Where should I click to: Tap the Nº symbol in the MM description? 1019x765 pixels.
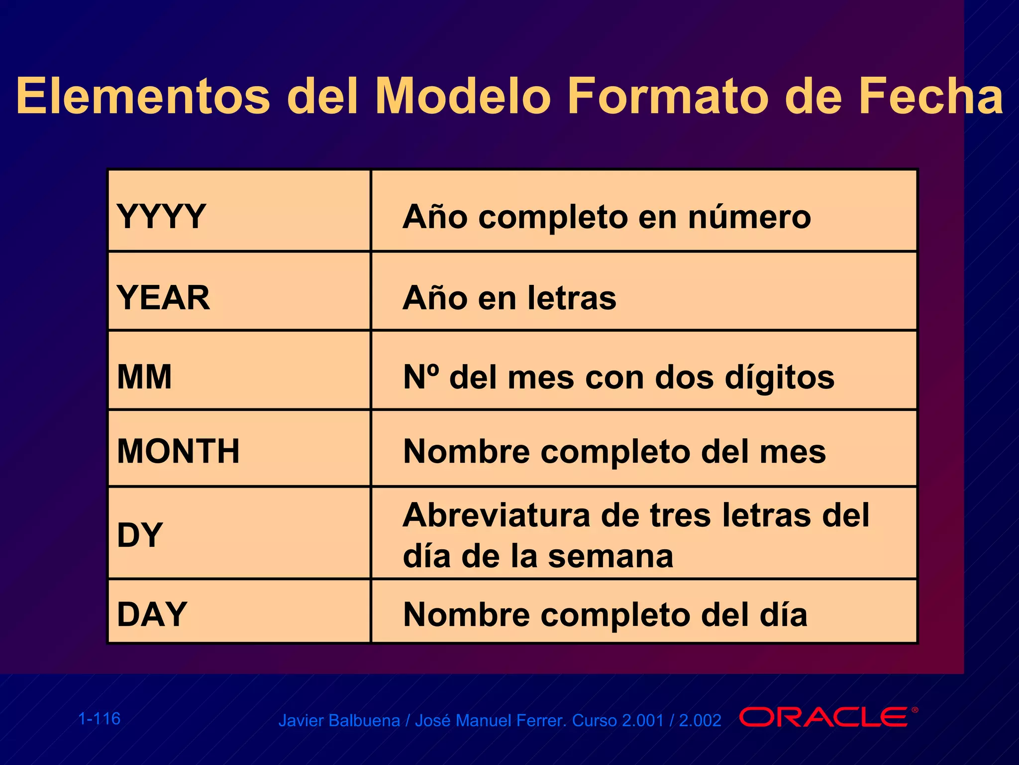click(421, 377)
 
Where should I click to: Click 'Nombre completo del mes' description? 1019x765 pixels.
click(614, 451)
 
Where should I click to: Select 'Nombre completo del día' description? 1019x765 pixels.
click(605, 615)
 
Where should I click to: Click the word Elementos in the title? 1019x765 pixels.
click(143, 97)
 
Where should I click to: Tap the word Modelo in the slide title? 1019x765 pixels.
click(463, 97)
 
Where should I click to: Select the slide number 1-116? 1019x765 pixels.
click(100, 719)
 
